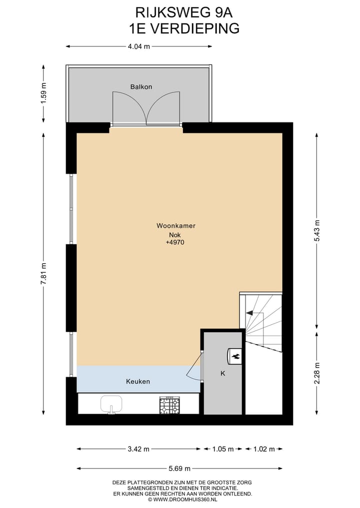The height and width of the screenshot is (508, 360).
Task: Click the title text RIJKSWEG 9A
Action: [180, 12]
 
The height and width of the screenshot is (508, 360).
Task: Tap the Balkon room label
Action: [141, 87]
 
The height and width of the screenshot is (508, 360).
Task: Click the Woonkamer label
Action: [175, 226]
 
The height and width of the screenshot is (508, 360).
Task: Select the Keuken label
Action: [137, 381]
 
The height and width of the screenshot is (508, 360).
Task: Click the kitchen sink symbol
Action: [111, 404]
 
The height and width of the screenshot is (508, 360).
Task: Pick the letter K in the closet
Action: [223, 373]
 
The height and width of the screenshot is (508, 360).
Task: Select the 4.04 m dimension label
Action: [139, 46]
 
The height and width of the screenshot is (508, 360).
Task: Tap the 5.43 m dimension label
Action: [316, 230]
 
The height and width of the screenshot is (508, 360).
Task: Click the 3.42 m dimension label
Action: [138, 449]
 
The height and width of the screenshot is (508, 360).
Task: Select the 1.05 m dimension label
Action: [223, 449]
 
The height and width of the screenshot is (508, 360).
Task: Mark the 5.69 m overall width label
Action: [179, 469]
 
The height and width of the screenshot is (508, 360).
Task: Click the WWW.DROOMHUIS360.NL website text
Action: [182, 499]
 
